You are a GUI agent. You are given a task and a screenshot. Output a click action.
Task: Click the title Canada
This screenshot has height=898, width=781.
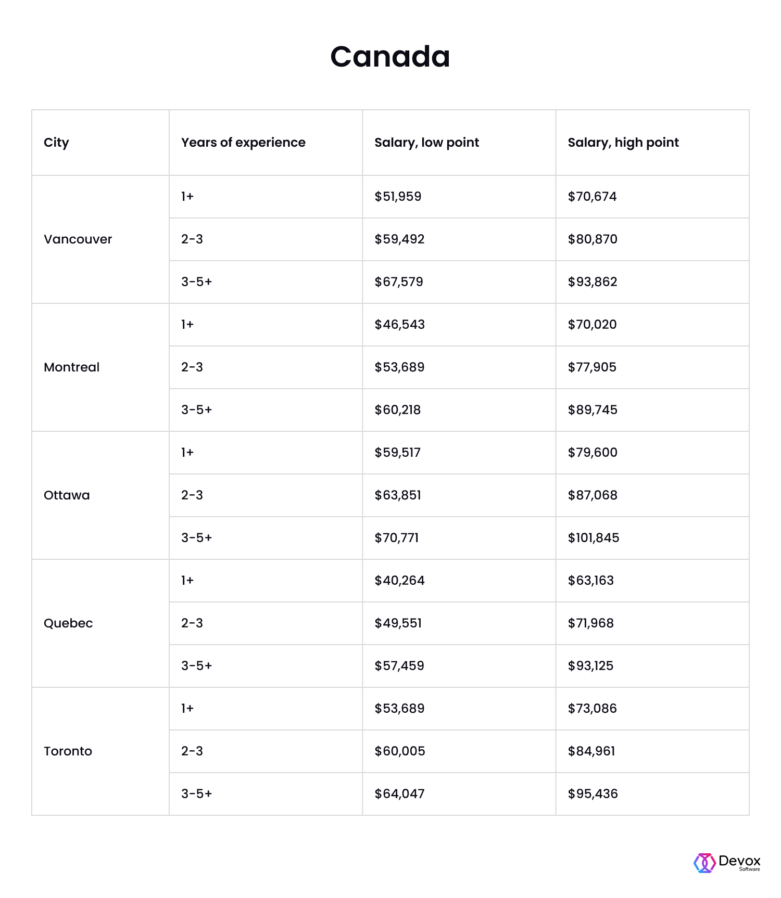click(390, 56)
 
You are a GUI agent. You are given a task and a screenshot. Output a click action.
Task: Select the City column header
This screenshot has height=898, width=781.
click(56, 143)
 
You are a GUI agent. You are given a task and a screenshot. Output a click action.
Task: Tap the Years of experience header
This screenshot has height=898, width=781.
click(243, 143)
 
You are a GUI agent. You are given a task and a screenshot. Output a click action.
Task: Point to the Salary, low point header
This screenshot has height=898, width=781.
click(426, 143)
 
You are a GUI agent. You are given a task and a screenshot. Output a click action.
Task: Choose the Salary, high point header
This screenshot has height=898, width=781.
click(623, 143)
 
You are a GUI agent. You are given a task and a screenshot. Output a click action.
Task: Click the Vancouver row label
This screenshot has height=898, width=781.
click(78, 239)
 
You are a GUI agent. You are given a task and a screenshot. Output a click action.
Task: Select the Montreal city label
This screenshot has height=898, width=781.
click(72, 367)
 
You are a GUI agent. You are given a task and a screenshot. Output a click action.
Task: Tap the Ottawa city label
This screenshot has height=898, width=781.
click(67, 495)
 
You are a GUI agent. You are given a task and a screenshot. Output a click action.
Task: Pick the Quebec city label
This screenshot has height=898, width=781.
click(68, 623)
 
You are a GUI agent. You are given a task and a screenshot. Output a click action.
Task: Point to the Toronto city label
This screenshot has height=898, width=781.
click(68, 751)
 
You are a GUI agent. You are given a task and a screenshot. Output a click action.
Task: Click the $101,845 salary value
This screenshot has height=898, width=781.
click(594, 538)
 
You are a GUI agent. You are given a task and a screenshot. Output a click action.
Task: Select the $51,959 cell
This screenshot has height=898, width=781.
click(398, 197)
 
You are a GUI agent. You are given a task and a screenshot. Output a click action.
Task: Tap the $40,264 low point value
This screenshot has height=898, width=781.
click(399, 581)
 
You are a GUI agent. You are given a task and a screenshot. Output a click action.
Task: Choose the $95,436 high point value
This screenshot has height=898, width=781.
click(593, 794)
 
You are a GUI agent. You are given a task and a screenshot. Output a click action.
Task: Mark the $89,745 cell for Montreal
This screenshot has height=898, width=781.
click(593, 410)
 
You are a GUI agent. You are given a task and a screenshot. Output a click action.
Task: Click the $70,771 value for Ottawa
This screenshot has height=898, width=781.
click(397, 538)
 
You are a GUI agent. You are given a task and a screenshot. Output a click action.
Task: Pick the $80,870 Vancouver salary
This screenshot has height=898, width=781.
click(593, 239)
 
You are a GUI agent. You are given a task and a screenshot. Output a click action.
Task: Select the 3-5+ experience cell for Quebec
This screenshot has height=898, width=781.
click(197, 666)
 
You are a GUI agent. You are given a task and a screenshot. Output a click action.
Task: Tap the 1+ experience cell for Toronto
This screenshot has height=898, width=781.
click(187, 709)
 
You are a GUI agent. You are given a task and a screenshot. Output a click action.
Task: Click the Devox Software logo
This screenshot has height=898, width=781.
click(727, 863)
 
